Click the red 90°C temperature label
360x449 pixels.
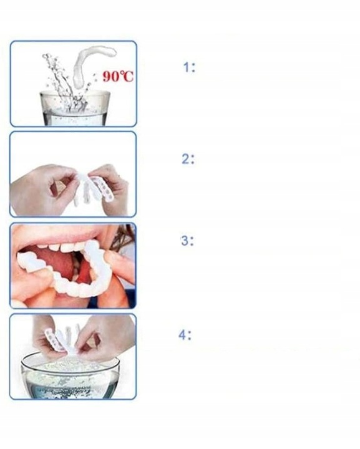click(118, 76)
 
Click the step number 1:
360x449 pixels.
click(189, 67)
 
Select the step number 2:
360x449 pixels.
click(188, 159)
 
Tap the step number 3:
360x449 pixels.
click(187, 241)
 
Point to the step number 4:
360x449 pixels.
click(185, 334)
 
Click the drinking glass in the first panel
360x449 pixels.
click(74, 109)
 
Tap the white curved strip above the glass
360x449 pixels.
click(91, 64)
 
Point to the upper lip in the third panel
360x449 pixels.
click(57, 236)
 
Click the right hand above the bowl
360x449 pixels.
click(106, 338)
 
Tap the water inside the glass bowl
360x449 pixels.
click(70, 381)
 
